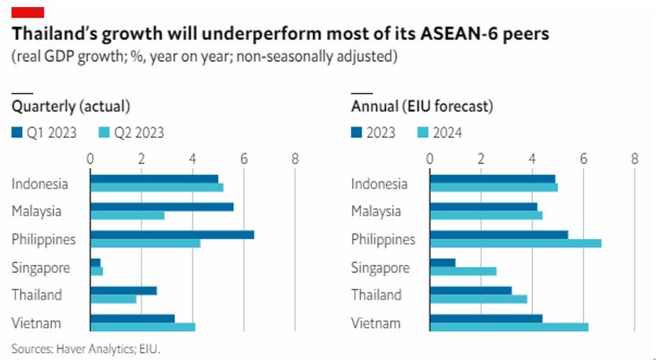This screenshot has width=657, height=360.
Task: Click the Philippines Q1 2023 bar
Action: point(172,234)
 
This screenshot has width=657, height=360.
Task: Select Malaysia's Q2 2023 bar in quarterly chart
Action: point(127,215)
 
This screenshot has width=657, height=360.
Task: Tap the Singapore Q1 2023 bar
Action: point(95,263)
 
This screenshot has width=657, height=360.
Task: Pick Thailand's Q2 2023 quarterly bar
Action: point(113,299)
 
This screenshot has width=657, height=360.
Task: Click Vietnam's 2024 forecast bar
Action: point(508,327)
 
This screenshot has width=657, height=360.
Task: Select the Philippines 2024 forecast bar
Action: point(515,244)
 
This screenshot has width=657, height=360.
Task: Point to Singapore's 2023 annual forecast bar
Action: point(442,263)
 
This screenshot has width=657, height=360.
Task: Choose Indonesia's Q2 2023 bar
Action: point(156,187)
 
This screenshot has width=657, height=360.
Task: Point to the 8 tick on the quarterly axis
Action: point(295,158)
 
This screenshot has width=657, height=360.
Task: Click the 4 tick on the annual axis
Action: point(532,158)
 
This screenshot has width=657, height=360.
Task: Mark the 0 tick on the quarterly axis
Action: point(90,158)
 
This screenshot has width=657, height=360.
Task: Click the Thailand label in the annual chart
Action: point(376,295)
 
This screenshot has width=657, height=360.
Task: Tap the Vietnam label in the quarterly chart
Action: point(36,323)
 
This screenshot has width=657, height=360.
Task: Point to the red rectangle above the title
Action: point(28,11)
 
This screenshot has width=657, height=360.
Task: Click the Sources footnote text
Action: point(91,347)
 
